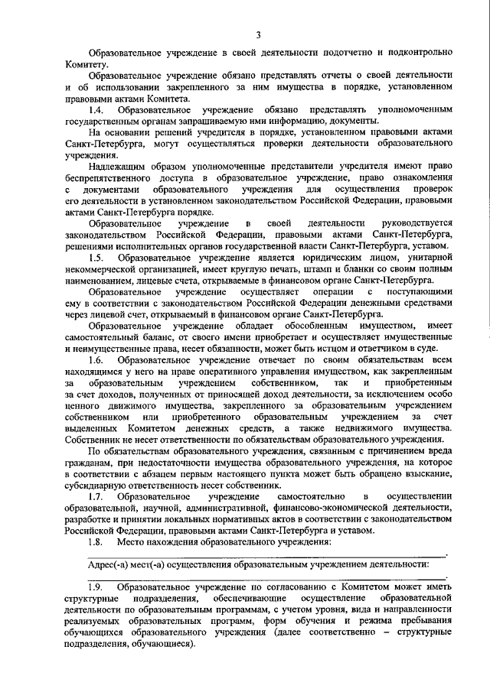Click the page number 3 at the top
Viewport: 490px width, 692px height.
(258, 34)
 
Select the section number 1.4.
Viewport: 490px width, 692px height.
(96, 111)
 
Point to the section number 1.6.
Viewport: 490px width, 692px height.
(96, 359)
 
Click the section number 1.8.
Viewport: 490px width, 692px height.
(96, 541)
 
